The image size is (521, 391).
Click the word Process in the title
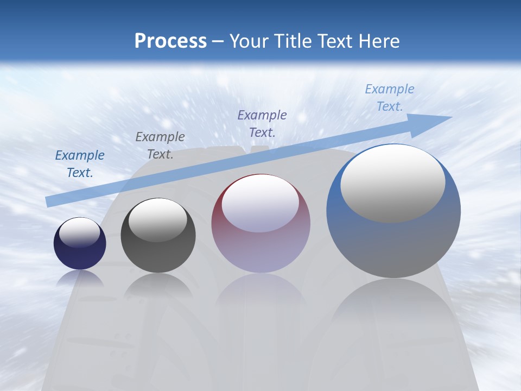(170, 41)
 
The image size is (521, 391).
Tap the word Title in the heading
(294, 41)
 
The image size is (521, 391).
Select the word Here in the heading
(379, 41)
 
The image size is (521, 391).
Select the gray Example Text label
(160, 146)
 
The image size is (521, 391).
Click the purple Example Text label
(262, 123)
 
